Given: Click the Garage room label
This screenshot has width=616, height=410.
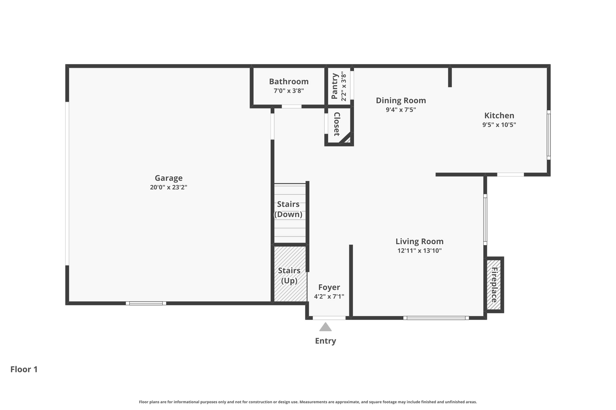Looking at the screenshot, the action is (x=168, y=178).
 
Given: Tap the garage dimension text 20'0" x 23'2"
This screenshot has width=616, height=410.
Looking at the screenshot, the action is (x=168, y=187).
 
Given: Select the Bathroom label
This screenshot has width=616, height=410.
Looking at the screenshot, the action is (x=289, y=81).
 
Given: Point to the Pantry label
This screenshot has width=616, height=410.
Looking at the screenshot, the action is (x=335, y=86).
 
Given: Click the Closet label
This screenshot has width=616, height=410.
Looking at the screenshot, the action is (x=337, y=124).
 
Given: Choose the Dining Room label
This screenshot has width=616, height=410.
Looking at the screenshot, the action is (x=401, y=100).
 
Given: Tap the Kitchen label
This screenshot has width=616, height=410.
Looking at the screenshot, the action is (x=499, y=115).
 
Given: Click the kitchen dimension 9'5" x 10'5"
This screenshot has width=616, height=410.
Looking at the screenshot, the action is (x=499, y=125).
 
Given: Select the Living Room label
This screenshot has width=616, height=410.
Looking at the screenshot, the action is (x=420, y=241).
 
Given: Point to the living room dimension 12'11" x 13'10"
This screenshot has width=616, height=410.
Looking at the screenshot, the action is (x=420, y=251).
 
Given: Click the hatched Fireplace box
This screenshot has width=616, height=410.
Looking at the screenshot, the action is (x=494, y=285).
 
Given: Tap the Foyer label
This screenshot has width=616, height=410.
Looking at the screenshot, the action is (x=329, y=287).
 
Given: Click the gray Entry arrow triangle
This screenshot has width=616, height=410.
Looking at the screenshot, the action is (x=325, y=327).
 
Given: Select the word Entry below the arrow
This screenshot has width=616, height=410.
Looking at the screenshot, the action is (x=325, y=341).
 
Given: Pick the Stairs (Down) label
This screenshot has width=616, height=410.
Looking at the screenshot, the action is (x=288, y=209).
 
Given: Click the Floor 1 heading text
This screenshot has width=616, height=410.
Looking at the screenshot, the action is (x=24, y=369).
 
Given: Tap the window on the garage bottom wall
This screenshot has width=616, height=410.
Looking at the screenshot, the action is (x=146, y=303).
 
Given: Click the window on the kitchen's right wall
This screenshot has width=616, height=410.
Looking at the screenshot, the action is (x=549, y=135).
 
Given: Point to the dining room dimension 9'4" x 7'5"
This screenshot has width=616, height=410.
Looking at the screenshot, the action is (x=401, y=110).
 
